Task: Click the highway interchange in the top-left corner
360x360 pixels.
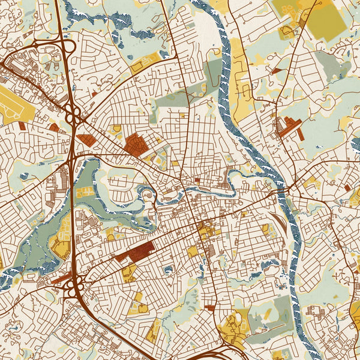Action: click(x=57, y=51)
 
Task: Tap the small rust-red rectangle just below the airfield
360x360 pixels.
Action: click(x=22, y=125)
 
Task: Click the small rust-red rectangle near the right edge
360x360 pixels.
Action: click(x=347, y=188)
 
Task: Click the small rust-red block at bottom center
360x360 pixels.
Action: click(x=209, y=307)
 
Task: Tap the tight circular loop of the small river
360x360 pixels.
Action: click(x=144, y=195)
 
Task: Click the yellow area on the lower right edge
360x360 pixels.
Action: click(x=355, y=315)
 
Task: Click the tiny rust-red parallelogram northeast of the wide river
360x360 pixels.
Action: click(x=277, y=71)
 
